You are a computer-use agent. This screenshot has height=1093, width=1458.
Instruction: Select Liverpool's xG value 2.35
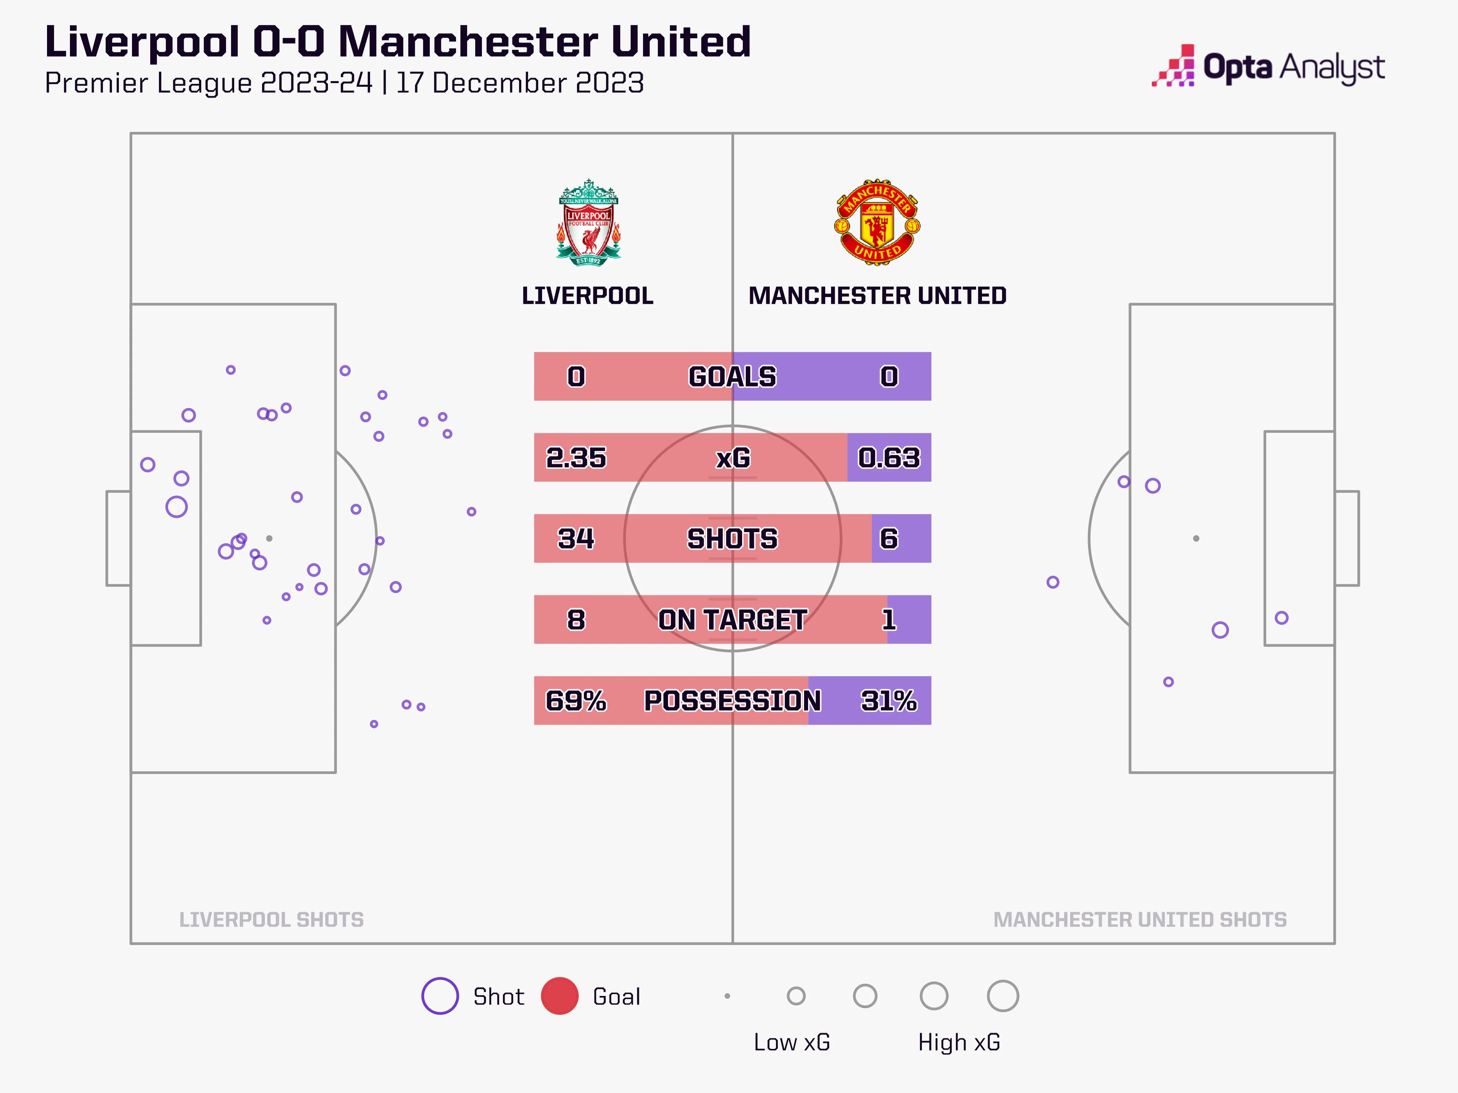576,457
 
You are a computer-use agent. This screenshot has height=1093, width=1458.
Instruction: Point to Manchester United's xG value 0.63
889,457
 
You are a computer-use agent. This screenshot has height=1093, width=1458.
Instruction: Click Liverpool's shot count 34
576,538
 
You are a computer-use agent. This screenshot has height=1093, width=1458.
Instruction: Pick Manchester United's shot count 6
889,538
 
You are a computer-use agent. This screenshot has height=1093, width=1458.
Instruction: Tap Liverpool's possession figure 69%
576,700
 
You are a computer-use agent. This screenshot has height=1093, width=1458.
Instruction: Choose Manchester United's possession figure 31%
889,700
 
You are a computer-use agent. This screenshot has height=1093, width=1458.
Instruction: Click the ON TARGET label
732,619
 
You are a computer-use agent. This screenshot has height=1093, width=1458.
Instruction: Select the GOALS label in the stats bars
732,376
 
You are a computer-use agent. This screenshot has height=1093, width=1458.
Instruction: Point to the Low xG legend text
792,1042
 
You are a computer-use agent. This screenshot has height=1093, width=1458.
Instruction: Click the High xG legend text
959,1042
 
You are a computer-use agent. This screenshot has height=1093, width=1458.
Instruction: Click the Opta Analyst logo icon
1173,66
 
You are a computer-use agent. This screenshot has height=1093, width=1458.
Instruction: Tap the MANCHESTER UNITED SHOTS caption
1140,919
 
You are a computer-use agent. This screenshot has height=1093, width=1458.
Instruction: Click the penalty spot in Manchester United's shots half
1196,538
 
